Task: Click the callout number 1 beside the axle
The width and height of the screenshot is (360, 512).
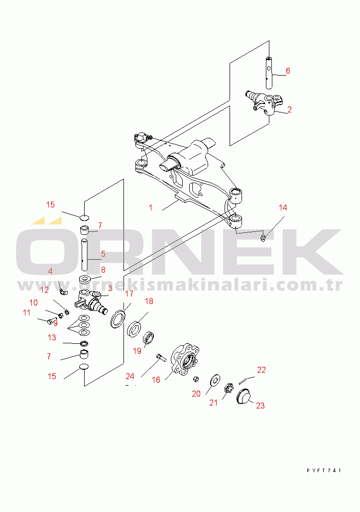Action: tap(150, 207)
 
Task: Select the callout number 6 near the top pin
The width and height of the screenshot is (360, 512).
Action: tap(287, 71)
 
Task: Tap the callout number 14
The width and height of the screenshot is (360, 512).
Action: tap(282, 207)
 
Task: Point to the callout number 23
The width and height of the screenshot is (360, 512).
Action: tap(260, 406)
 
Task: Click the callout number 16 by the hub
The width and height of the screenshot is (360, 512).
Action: tap(156, 380)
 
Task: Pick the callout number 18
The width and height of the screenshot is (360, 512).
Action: tap(149, 302)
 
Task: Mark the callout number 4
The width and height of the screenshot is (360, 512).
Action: tap(50, 271)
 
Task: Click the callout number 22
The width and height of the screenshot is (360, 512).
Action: tap(261, 370)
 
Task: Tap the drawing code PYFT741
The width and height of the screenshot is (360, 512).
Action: tap(324, 470)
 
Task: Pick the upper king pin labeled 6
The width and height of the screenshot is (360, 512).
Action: tap(269, 74)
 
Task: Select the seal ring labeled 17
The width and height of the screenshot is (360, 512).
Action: tap(119, 318)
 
